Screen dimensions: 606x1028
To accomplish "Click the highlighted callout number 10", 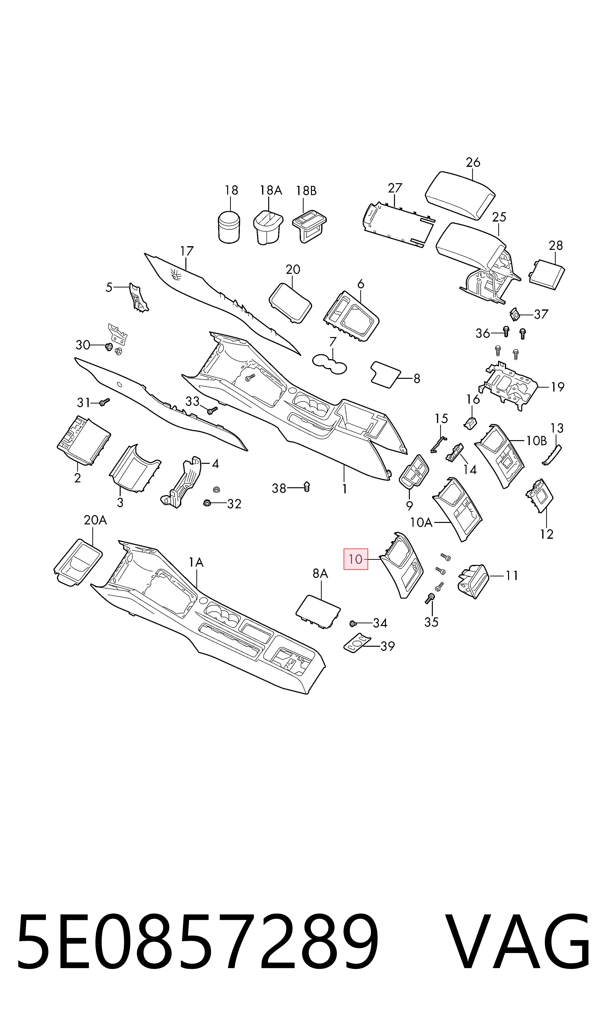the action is [x=356, y=559].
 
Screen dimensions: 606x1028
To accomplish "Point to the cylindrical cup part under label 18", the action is [x=229, y=227].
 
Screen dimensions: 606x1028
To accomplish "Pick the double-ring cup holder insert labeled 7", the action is [x=330, y=364].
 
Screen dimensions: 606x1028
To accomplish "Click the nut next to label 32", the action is [x=207, y=503].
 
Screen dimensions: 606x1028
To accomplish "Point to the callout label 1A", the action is [x=196, y=562].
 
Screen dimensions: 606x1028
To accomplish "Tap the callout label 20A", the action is [x=95, y=520].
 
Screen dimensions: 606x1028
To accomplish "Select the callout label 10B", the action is [x=536, y=441].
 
